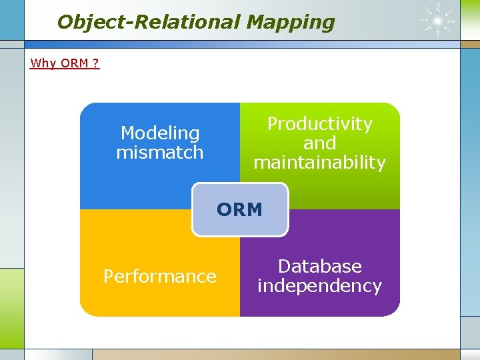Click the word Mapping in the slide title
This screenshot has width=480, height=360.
pos(290,22)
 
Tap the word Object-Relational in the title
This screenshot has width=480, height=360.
pos(148,22)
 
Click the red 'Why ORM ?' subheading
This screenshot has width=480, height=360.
pos(65,63)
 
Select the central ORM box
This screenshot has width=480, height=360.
pos(240,209)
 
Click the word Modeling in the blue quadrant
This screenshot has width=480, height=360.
pos(160,133)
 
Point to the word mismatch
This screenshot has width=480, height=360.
pos(160,153)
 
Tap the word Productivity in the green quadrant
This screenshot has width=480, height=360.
pos(319,124)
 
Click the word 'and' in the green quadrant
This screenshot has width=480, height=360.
pos(319,143)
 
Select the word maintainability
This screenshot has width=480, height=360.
pos(319,163)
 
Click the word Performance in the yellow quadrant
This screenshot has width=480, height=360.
pos(160,276)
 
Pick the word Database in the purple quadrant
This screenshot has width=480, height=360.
pos(319,267)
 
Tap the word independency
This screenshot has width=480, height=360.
pos(319,286)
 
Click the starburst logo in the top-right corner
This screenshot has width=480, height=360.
pos(438,20)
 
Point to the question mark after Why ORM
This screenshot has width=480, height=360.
pos(96,63)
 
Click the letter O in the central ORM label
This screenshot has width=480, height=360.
pos(225,209)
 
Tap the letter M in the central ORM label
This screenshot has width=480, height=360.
pos(254,209)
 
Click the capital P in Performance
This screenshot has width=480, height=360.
pos(109,276)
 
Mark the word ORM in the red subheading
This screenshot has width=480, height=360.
pos(75,63)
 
